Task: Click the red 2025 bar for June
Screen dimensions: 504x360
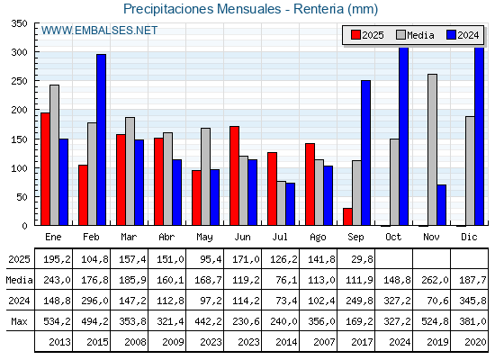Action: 234,175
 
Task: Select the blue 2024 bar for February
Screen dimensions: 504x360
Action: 101,139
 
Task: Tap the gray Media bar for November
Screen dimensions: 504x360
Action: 432,149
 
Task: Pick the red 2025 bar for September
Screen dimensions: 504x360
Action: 347,217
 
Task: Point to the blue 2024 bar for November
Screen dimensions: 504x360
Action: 442,205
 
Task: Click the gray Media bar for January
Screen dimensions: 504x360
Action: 54,155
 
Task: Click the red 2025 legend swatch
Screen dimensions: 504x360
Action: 355,35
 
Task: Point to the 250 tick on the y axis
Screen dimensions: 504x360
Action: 36,80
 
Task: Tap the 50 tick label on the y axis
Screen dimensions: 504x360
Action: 22,197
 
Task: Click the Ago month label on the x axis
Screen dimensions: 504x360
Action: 318,238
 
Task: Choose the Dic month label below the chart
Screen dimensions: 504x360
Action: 469,237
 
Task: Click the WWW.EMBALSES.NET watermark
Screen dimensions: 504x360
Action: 99,31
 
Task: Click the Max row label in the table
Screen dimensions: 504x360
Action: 19,321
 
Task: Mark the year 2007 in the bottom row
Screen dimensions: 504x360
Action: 324,342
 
